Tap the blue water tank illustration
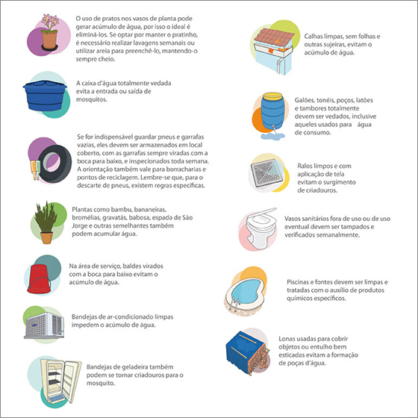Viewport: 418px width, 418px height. click(x=45, y=96)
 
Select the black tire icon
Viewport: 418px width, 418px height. click(x=55, y=163)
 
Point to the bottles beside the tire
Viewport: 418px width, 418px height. click(x=35, y=170)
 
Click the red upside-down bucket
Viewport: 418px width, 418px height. click(x=39, y=279)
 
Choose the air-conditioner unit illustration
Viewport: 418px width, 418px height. click(x=44, y=325)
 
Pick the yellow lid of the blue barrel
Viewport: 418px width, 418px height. click(x=272, y=96)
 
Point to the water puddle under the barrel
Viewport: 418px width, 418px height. click(x=272, y=136)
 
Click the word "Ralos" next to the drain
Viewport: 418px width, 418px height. click(x=305, y=166)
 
